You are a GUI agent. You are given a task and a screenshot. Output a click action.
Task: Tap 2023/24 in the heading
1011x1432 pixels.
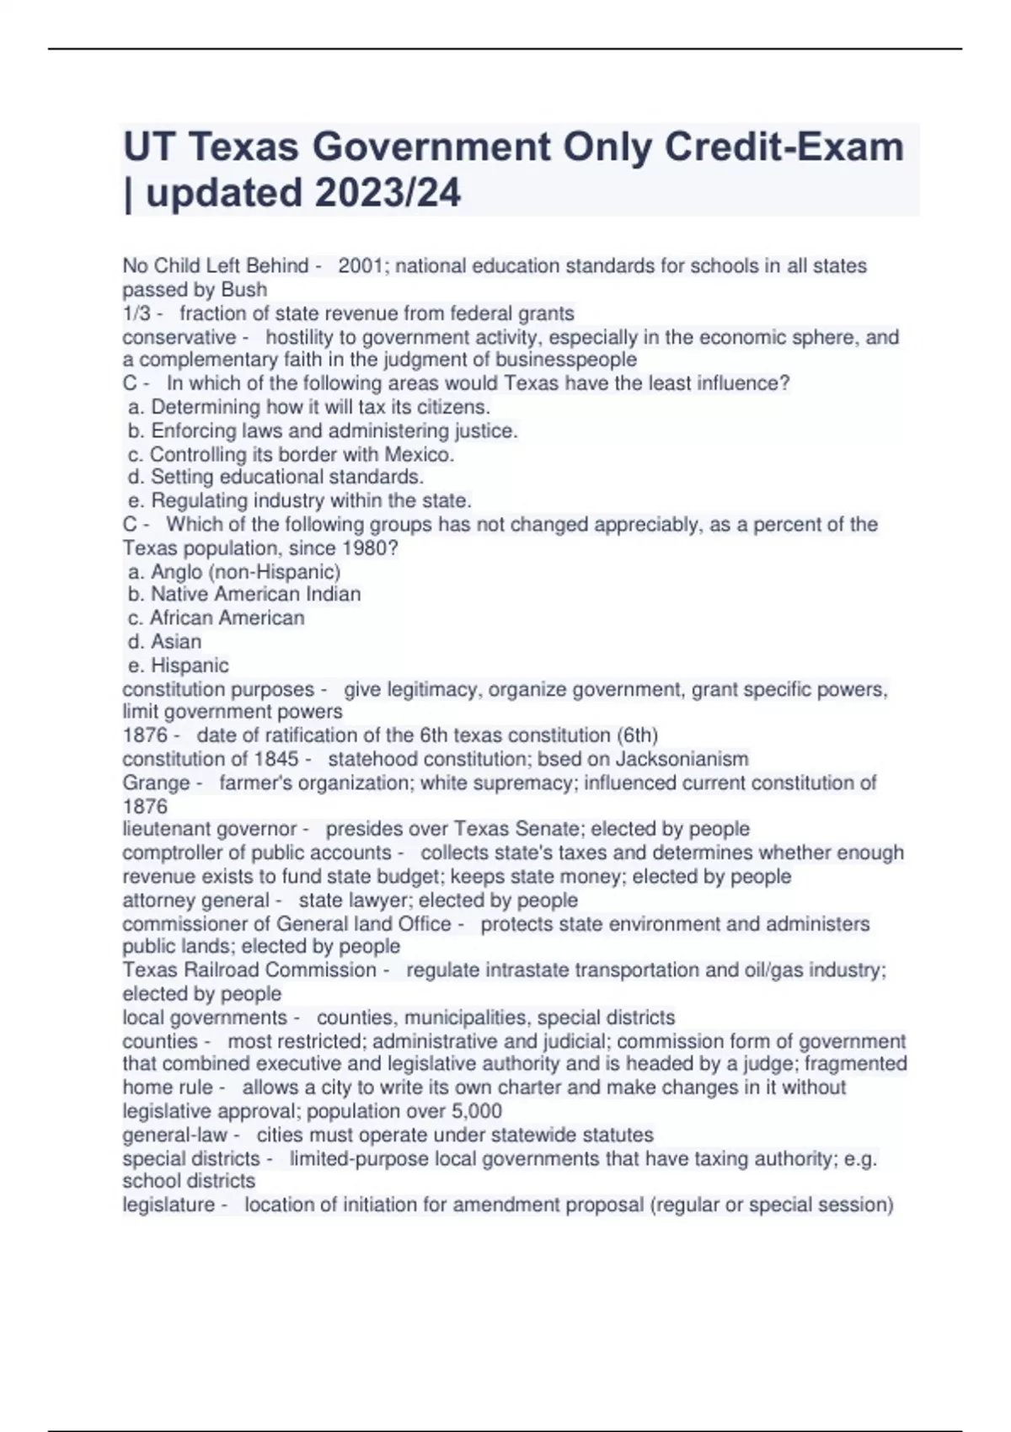click(x=388, y=193)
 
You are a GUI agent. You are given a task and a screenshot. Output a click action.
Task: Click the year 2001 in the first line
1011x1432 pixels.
click(x=361, y=266)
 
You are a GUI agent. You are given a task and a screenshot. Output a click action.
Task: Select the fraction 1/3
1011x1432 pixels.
click(x=136, y=314)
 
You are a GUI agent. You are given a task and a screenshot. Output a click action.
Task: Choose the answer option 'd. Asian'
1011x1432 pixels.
click(x=164, y=642)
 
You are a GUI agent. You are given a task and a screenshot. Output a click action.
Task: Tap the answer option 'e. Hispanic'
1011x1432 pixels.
click(x=178, y=665)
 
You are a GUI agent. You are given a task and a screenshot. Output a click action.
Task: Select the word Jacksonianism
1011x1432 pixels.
click(x=682, y=759)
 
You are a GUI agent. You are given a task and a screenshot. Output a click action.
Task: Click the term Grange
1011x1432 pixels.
click(x=156, y=783)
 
